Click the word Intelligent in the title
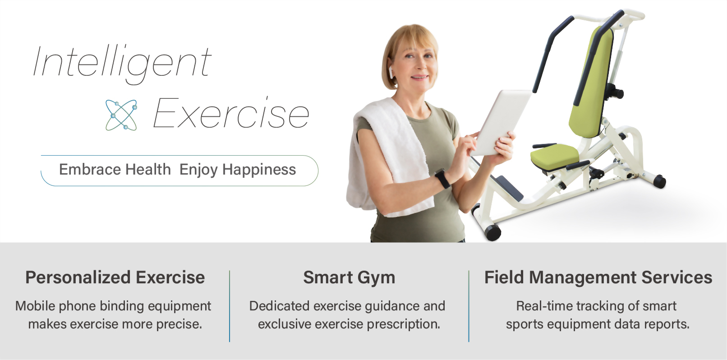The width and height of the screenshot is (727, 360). pos(122,62)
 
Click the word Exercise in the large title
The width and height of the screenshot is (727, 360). pos(231,114)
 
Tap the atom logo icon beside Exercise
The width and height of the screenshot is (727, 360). pos(121,115)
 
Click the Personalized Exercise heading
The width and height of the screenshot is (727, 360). pos(115,277)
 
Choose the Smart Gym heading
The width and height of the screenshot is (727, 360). pos(349,277)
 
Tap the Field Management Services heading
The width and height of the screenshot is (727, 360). pos(598,277)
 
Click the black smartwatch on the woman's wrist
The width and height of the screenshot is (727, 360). pos(442,179)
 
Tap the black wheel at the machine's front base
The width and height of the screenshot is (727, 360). pos(492,231)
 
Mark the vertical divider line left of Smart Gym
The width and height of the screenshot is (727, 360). pos(230,306)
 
